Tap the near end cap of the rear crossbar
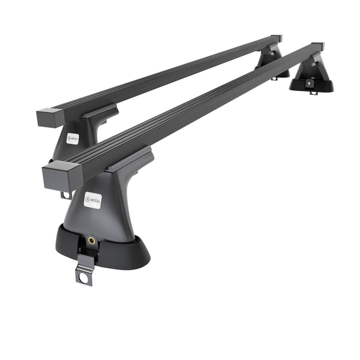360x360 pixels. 46,116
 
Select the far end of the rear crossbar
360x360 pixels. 276,38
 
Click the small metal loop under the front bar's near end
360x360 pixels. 65,195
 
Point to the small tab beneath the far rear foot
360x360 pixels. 274,77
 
